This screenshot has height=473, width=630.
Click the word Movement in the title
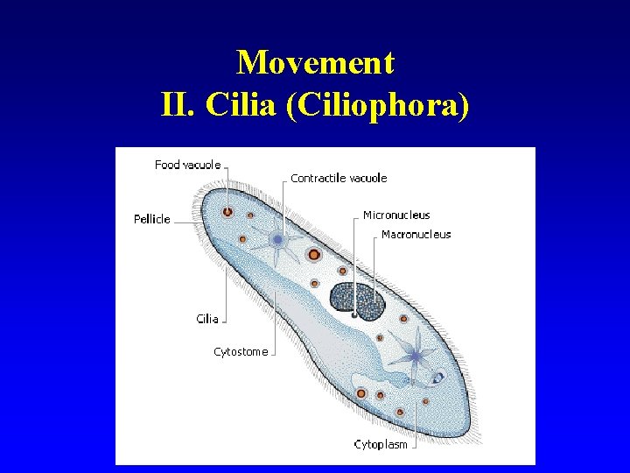click(x=315, y=63)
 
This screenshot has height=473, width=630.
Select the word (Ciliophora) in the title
click(x=399, y=104)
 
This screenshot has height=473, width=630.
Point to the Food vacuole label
click(x=187, y=165)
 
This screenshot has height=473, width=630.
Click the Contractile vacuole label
click(x=339, y=178)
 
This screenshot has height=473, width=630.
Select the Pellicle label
click(x=152, y=219)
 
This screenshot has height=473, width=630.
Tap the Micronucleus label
click(x=396, y=215)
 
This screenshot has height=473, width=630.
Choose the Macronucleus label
click(x=416, y=234)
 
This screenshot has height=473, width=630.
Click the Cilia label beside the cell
click(x=207, y=319)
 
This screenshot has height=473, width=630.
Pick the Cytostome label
click(x=241, y=352)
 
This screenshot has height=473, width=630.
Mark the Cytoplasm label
click(x=381, y=444)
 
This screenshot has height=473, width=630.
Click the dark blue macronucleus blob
click(x=359, y=300)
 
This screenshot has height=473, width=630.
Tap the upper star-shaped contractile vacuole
click(x=277, y=239)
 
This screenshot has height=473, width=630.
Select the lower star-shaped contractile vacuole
click(x=414, y=356)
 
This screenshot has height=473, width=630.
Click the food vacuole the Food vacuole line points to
click(x=227, y=211)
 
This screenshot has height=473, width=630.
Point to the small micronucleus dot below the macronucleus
click(x=353, y=313)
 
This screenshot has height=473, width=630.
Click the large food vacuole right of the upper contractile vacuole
click(x=313, y=255)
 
